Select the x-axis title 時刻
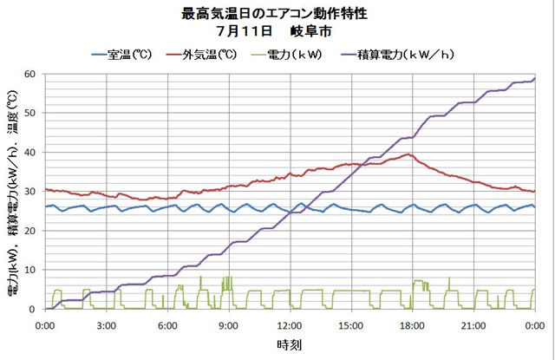click(289, 344)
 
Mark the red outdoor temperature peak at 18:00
click(408, 154)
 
